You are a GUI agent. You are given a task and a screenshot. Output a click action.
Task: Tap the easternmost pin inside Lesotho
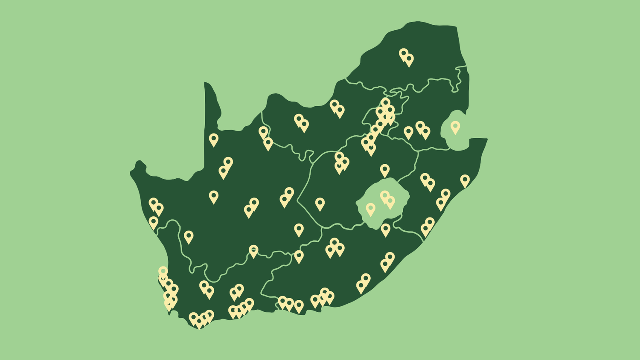click(x=390, y=202)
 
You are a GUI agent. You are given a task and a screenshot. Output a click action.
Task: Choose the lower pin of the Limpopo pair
click(x=409, y=59)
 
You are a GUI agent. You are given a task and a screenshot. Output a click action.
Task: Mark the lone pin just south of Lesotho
click(x=385, y=229)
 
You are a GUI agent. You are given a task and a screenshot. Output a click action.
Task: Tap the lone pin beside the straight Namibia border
click(x=213, y=139)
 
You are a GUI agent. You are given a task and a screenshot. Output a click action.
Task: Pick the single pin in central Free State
click(x=320, y=203)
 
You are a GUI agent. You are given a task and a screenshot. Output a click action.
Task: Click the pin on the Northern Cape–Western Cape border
click(x=253, y=251)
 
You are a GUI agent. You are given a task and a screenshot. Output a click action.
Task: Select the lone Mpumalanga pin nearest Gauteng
click(x=408, y=132)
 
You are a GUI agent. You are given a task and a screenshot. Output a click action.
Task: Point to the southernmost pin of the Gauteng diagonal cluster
click(x=371, y=148)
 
